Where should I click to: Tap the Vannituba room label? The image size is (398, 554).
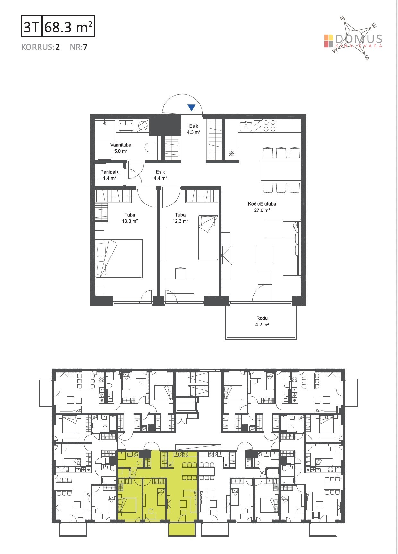121,145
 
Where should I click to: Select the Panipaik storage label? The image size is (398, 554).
109,172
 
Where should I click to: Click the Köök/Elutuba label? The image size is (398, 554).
262,204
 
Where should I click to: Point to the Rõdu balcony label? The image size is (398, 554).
262,318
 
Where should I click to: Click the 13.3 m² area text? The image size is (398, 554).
130,221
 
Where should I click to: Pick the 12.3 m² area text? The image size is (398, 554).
180,221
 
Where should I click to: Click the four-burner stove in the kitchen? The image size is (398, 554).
270,126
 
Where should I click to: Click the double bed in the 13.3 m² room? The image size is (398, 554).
119,258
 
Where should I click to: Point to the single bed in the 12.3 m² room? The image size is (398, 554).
208,237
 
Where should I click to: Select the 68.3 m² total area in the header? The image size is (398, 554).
69,27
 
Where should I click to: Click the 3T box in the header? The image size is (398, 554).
31,27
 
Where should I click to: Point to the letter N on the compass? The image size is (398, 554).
342,19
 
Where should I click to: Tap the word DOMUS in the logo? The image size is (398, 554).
359,39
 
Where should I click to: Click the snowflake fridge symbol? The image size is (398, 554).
231,154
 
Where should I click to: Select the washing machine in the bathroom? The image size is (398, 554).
143,126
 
